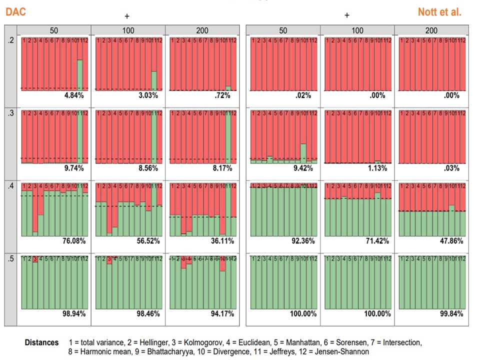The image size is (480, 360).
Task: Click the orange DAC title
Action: (16, 11)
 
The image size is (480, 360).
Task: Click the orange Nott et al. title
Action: (439, 11)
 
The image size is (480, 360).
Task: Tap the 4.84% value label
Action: (73, 95)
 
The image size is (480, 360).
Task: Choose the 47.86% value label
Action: (450, 241)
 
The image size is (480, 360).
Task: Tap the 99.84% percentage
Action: (450, 314)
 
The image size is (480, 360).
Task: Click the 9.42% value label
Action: (303, 168)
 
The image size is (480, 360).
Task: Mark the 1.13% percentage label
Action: (378, 168)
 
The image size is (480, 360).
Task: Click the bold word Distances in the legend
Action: (42, 342)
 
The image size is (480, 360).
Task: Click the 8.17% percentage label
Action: (222, 168)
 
